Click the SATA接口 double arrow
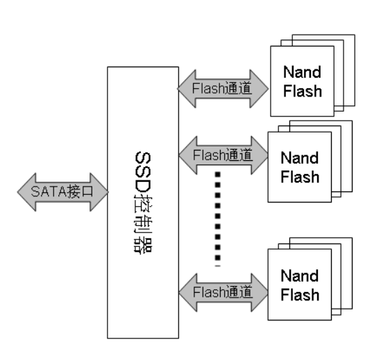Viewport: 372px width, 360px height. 62,192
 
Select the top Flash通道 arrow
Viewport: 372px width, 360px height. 223,89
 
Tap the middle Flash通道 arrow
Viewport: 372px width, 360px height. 223,155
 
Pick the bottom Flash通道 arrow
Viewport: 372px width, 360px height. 223,293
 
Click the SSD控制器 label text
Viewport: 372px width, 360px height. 143,203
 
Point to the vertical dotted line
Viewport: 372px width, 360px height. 217,219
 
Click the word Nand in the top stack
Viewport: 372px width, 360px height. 303,72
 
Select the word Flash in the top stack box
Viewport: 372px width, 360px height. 303,91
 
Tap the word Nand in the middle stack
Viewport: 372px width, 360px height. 300,157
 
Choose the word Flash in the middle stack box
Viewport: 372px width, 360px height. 300,177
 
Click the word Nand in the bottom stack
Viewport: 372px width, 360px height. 300,275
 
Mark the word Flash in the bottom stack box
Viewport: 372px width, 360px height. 300,295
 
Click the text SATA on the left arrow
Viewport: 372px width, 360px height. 49,191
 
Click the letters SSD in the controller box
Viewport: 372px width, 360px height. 143,171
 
